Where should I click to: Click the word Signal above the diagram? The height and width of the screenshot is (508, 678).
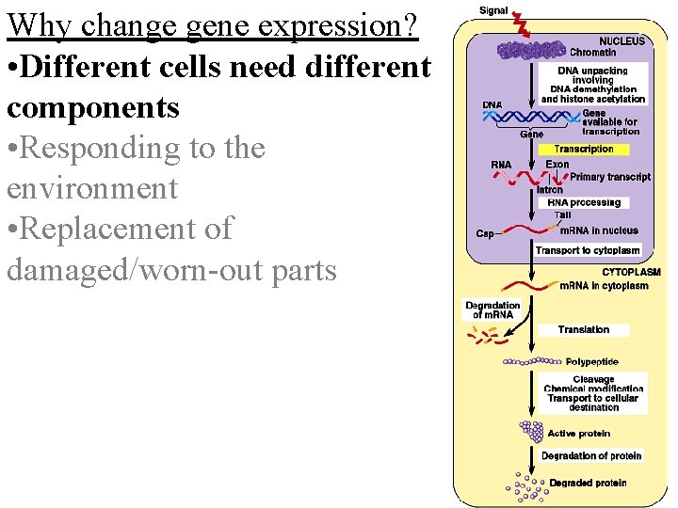pos(493,10)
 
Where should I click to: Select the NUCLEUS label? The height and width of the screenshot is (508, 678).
pos(622,41)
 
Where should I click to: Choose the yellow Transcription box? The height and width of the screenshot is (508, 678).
pos(583,150)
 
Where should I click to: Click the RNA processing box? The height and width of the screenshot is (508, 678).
pos(583,202)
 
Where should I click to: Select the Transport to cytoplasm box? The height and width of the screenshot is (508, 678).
pos(588,250)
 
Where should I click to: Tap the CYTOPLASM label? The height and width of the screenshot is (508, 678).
pos(631,273)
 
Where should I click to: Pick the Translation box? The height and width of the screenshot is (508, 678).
pos(583,329)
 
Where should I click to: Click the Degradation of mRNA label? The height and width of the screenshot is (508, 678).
pos(492,310)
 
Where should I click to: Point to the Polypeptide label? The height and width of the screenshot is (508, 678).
pos(591,361)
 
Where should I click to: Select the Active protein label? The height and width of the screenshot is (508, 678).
pos(578,434)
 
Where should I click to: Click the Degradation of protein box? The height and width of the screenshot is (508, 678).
pos(590,456)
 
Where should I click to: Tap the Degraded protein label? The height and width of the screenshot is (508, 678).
pos(588,484)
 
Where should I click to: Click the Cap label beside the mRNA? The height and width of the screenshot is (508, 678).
pos(485,233)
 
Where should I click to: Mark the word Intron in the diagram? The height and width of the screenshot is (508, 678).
pos(549,190)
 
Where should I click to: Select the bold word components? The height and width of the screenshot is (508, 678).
pos(92,107)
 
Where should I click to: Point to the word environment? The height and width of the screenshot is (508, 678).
pos(91,188)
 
